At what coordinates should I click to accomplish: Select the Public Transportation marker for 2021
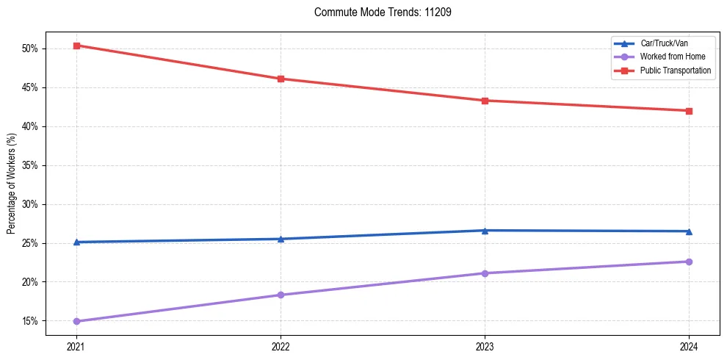[x=76, y=46]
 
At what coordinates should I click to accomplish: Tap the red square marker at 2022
[x=281, y=79]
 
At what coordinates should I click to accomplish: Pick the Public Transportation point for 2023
[x=485, y=101]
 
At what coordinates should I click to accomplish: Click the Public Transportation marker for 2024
[x=689, y=111]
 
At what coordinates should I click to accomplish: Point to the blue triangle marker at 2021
[x=76, y=242]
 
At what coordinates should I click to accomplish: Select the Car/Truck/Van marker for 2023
[x=485, y=230]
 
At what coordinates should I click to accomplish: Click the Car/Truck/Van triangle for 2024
[x=689, y=231]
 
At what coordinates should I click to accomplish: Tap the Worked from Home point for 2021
[x=76, y=321]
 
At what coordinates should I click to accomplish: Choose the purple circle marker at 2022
[x=281, y=295]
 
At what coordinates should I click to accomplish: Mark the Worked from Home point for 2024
[x=689, y=262]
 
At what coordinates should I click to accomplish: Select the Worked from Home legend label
[x=672, y=57]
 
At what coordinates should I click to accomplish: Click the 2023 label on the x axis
[x=485, y=346]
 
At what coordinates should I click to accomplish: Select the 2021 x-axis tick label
[x=76, y=346]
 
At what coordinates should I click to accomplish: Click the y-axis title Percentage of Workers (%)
[x=11, y=183]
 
